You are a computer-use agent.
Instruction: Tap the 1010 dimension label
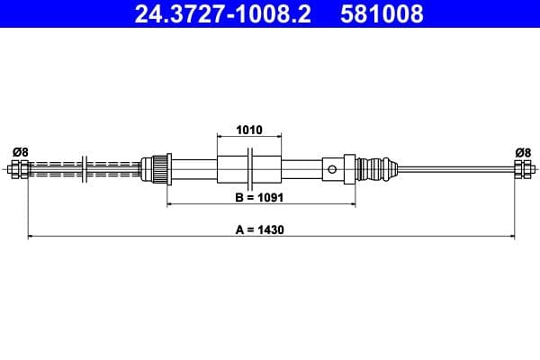[248, 130]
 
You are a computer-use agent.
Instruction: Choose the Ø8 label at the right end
[522, 152]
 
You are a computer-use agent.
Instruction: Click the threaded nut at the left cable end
[17, 168]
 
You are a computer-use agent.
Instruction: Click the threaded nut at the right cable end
[522, 168]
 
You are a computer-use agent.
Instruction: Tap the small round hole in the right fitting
[333, 168]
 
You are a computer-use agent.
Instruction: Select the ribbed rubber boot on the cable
[378, 168]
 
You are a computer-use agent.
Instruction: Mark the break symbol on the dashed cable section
[83, 168]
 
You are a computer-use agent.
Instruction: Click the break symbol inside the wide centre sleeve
[250, 168]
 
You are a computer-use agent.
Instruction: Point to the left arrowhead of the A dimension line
[31, 237]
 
